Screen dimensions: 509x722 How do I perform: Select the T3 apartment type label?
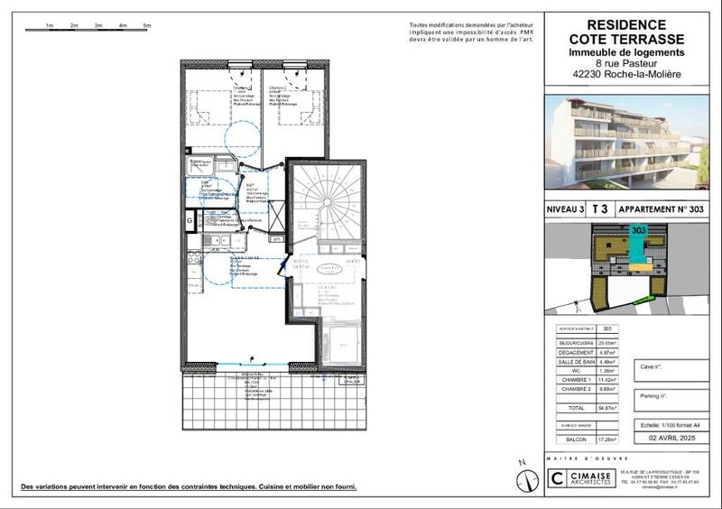point(599,208)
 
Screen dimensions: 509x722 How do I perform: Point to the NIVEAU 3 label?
point(566,209)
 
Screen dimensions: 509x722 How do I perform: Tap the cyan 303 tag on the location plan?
point(640,231)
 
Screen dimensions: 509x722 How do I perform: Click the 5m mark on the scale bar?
point(145,26)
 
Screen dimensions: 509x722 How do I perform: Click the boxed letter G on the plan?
point(190,219)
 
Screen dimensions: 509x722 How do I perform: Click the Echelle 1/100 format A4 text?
point(669,424)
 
